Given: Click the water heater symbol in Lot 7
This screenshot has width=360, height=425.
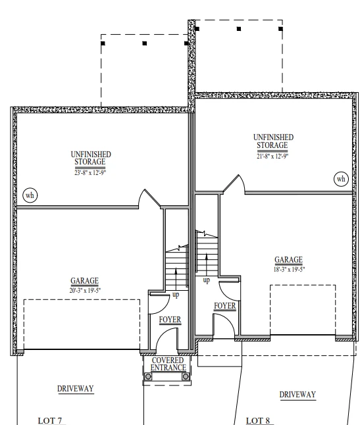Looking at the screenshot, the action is [x=30, y=195].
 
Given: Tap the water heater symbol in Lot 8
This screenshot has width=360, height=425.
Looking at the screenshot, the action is [x=341, y=179].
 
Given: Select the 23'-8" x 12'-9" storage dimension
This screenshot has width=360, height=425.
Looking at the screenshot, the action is [x=90, y=172].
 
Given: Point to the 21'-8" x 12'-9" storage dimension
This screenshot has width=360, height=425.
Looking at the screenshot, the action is [x=272, y=156].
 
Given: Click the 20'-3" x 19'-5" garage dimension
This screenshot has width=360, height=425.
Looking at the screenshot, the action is [x=85, y=290].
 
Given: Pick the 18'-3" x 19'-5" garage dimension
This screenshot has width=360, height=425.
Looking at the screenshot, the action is [x=289, y=270].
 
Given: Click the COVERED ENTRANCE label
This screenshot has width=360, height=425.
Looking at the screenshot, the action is [x=168, y=364].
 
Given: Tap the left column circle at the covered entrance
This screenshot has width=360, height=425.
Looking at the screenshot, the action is [x=148, y=376].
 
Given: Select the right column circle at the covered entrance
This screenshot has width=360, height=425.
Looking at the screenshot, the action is [x=186, y=376].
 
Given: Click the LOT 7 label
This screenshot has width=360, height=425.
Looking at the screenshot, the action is [x=50, y=420].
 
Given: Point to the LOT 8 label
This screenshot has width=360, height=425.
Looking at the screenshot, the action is [x=258, y=420].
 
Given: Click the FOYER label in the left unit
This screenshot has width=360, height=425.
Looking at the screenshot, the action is [x=170, y=320].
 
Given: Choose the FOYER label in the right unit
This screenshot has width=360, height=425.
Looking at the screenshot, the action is [x=224, y=306].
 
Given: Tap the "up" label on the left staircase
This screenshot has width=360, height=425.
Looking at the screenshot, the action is [x=176, y=295].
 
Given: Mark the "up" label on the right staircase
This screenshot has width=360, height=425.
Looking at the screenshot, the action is [x=206, y=280].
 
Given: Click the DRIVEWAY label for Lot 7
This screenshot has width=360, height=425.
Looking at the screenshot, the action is [x=76, y=388].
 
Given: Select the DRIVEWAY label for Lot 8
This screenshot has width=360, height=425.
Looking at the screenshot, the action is [x=297, y=394].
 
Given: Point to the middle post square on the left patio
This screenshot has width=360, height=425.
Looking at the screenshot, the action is [x=145, y=43].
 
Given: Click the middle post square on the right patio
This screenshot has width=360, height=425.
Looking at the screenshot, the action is [x=239, y=29].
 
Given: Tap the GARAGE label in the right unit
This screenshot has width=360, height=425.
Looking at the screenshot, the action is [x=288, y=260].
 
